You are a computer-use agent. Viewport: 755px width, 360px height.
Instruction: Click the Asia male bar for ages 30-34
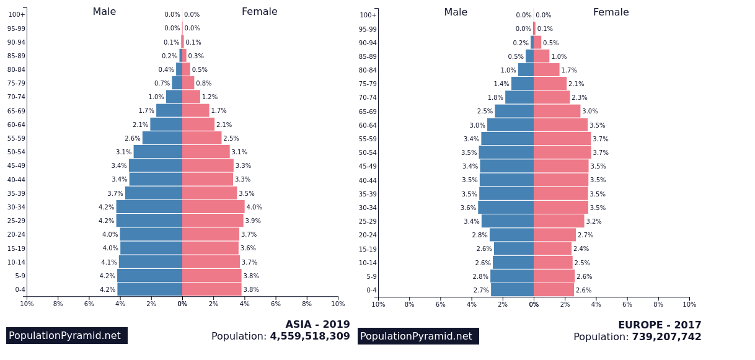(x=149, y=207)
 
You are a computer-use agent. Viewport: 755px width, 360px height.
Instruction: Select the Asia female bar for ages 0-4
(x=212, y=289)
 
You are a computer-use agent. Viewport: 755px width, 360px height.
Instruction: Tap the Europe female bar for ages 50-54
(x=562, y=152)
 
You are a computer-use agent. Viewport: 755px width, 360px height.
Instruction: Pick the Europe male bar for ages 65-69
(x=514, y=111)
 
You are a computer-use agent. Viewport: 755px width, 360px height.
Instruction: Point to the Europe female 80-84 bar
(x=546, y=70)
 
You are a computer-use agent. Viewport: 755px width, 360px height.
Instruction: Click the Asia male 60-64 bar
(x=166, y=125)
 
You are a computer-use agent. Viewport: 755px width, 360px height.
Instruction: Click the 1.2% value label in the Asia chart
(x=210, y=97)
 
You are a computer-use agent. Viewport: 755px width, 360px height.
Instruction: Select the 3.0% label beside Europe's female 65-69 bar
(x=590, y=111)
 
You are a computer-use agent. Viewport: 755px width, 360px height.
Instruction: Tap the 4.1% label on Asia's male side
(x=109, y=262)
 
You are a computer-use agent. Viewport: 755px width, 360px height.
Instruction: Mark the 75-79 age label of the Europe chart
(x=368, y=84)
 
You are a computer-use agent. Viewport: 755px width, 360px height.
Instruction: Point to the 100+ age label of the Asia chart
(x=17, y=14)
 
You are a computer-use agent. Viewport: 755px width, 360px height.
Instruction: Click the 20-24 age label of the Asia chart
(x=16, y=234)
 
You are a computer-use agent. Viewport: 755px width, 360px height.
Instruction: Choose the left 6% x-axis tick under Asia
(x=89, y=304)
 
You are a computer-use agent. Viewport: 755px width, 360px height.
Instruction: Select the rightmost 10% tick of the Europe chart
(x=689, y=304)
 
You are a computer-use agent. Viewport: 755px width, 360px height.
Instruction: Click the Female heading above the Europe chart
(x=611, y=12)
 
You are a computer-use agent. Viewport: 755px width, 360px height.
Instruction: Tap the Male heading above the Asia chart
(x=104, y=11)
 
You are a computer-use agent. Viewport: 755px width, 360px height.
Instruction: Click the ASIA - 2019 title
(x=317, y=324)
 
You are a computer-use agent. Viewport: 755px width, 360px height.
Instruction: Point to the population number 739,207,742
(x=666, y=336)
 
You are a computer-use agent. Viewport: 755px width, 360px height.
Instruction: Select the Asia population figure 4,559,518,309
(x=310, y=336)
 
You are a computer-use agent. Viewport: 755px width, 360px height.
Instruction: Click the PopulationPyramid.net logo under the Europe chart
(x=418, y=336)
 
